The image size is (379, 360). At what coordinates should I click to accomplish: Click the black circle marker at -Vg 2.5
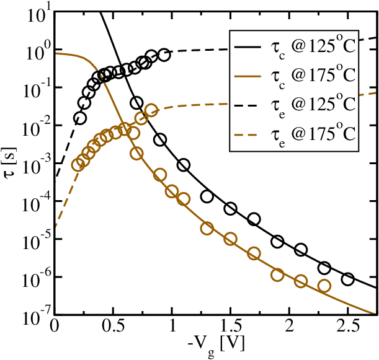click(348, 279)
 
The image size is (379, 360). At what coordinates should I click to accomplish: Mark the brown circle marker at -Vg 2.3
click(324, 286)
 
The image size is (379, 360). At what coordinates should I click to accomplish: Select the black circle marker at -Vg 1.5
click(231, 209)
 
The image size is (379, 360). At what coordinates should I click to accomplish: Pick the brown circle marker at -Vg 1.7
click(254, 253)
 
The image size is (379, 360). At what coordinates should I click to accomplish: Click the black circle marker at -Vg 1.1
click(184, 165)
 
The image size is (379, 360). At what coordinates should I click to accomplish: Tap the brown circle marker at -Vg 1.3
click(207, 229)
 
